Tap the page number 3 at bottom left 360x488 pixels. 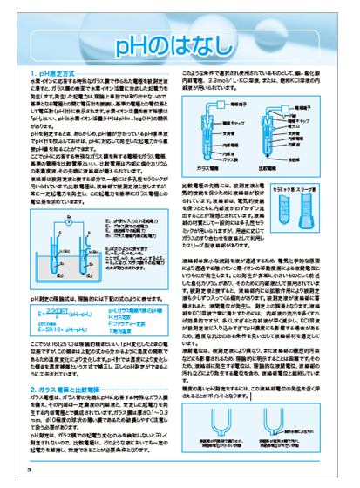coord(29,471)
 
